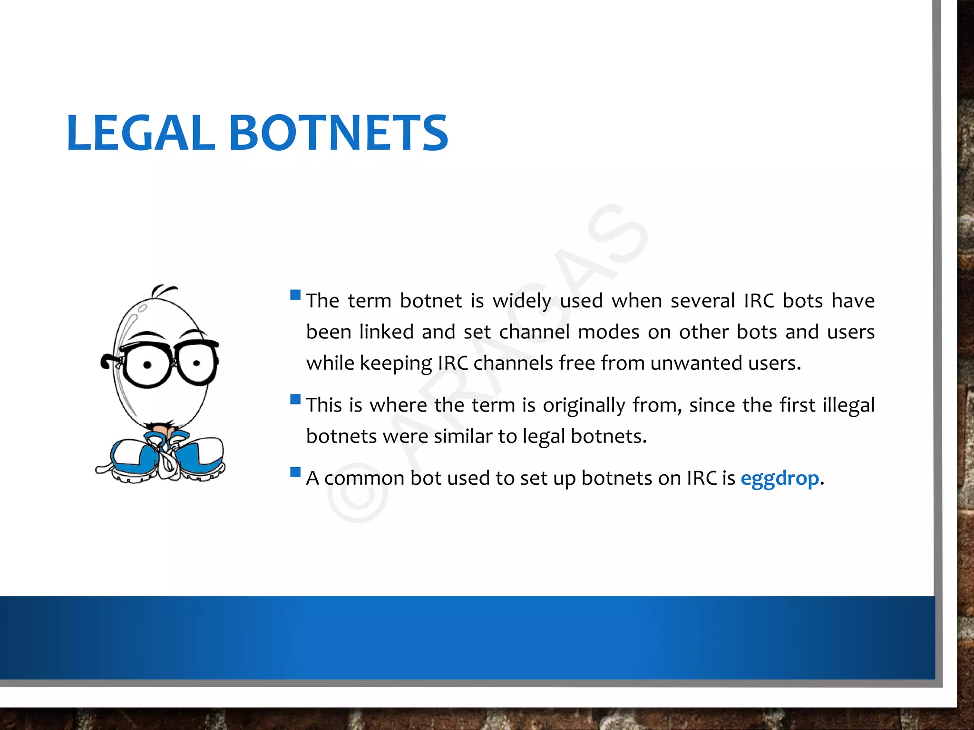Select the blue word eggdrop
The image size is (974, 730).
(779, 478)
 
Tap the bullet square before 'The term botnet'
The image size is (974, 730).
(295, 295)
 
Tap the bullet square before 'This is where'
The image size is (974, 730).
(295, 399)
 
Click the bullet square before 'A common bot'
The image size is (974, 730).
(295, 472)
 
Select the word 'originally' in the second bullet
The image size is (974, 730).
(584, 405)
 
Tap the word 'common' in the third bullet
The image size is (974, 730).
(364, 479)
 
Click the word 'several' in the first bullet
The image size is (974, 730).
(702, 301)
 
